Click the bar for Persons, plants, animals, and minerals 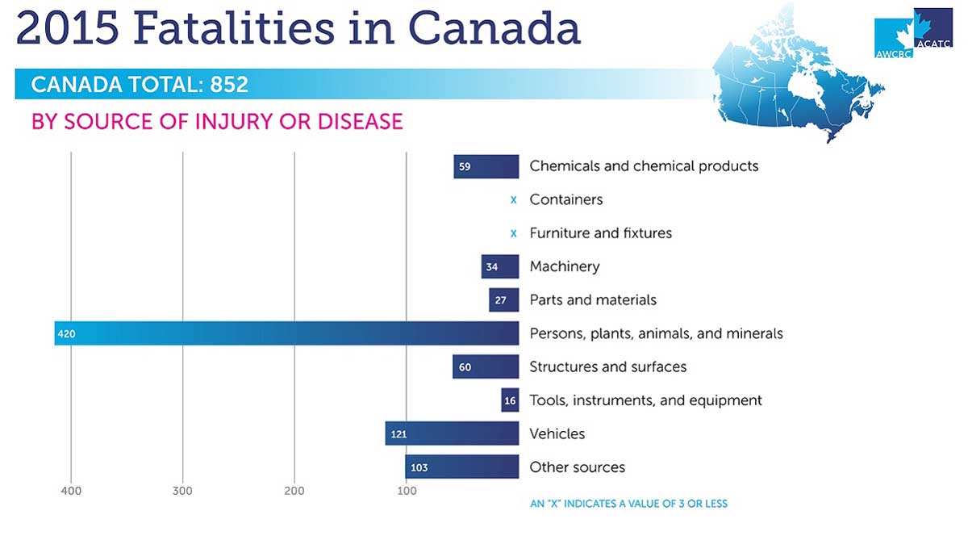click(x=286, y=333)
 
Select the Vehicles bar click(x=452, y=433)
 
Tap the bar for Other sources click(x=461, y=467)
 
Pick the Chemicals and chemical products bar click(x=486, y=166)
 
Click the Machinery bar click(x=500, y=266)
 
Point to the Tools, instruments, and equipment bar click(x=510, y=400)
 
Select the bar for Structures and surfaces click(x=486, y=367)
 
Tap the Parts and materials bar click(x=503, y=300)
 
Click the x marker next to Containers click(x=513, y=199)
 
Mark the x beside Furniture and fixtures click(x=513, y=233)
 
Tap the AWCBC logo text click(x=891, y=54)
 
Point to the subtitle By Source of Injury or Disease click(x=216, y=122)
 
